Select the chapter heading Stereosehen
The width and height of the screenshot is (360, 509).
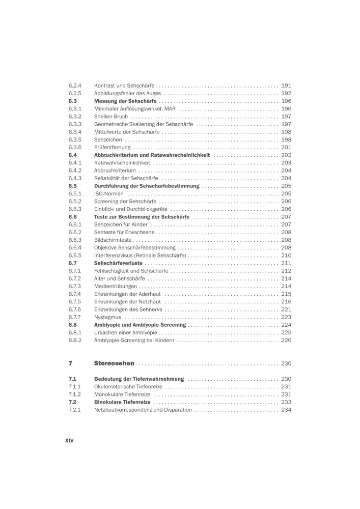(114, 363)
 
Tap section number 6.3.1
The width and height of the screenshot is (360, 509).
(75, 108)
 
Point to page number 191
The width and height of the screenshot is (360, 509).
(286, 86)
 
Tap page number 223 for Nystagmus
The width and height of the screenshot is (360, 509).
(286, 317)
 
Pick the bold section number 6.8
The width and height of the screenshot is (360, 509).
(72, 324)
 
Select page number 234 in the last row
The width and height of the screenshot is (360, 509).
(286, 410)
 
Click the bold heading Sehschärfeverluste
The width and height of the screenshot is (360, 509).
(118, 263)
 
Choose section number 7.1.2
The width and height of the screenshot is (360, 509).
(75, 394)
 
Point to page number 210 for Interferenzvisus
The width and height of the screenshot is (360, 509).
(286, 255)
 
